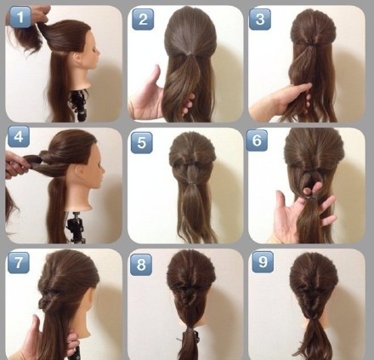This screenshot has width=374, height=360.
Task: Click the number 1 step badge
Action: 20,17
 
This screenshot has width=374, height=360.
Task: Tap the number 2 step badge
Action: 143,19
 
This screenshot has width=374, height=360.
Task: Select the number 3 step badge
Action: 260,19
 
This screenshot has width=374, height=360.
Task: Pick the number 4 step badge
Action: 19,137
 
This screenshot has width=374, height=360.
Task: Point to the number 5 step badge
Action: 142,143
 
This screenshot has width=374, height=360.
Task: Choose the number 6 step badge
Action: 257,140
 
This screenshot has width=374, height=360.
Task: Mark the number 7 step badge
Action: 19,263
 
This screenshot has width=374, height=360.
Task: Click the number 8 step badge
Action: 141,265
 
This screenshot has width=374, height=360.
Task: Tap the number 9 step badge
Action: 263,262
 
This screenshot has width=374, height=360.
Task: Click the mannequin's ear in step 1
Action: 77,58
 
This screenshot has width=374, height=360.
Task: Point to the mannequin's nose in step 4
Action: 103,171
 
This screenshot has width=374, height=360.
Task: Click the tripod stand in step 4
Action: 75,228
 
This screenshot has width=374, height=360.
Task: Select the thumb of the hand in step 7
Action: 37,326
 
